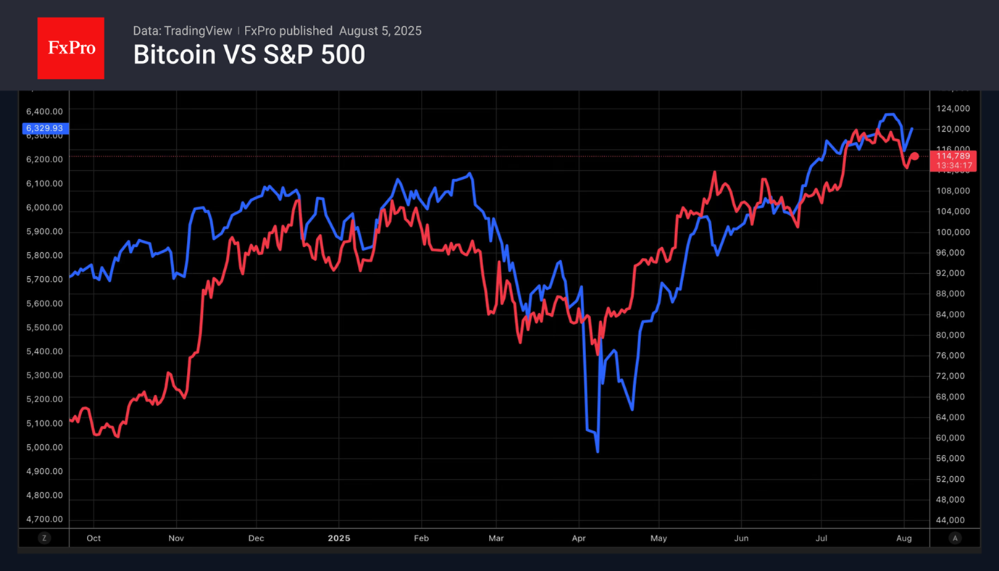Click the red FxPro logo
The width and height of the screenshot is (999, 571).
[70, 49]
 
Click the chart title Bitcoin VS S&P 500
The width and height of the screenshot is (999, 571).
[248, 55]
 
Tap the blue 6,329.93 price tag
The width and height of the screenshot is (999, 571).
[44, 128]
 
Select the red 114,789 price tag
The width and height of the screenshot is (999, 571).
[953, 156]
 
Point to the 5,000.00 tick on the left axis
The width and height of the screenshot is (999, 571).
[44, 447]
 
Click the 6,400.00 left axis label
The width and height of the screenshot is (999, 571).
[44, 112]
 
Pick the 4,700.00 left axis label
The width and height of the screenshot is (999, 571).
[44, 519]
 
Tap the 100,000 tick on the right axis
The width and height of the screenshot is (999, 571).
[952, 232]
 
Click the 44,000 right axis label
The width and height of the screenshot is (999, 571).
[952, 520]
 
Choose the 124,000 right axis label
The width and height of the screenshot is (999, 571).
[952, 109]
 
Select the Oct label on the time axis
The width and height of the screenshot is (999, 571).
[93, 538]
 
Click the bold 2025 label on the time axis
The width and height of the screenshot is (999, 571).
[339, 538]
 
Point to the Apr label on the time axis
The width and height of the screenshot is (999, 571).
[578, 538]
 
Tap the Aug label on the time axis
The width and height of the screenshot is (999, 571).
[903, 538]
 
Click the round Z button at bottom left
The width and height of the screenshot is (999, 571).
[44, 538]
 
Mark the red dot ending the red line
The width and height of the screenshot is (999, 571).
[915, 157]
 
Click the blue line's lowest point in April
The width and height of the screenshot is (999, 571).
[598, 451]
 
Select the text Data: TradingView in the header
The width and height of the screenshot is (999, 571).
[182, 31]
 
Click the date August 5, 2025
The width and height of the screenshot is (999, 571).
[380, 31]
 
